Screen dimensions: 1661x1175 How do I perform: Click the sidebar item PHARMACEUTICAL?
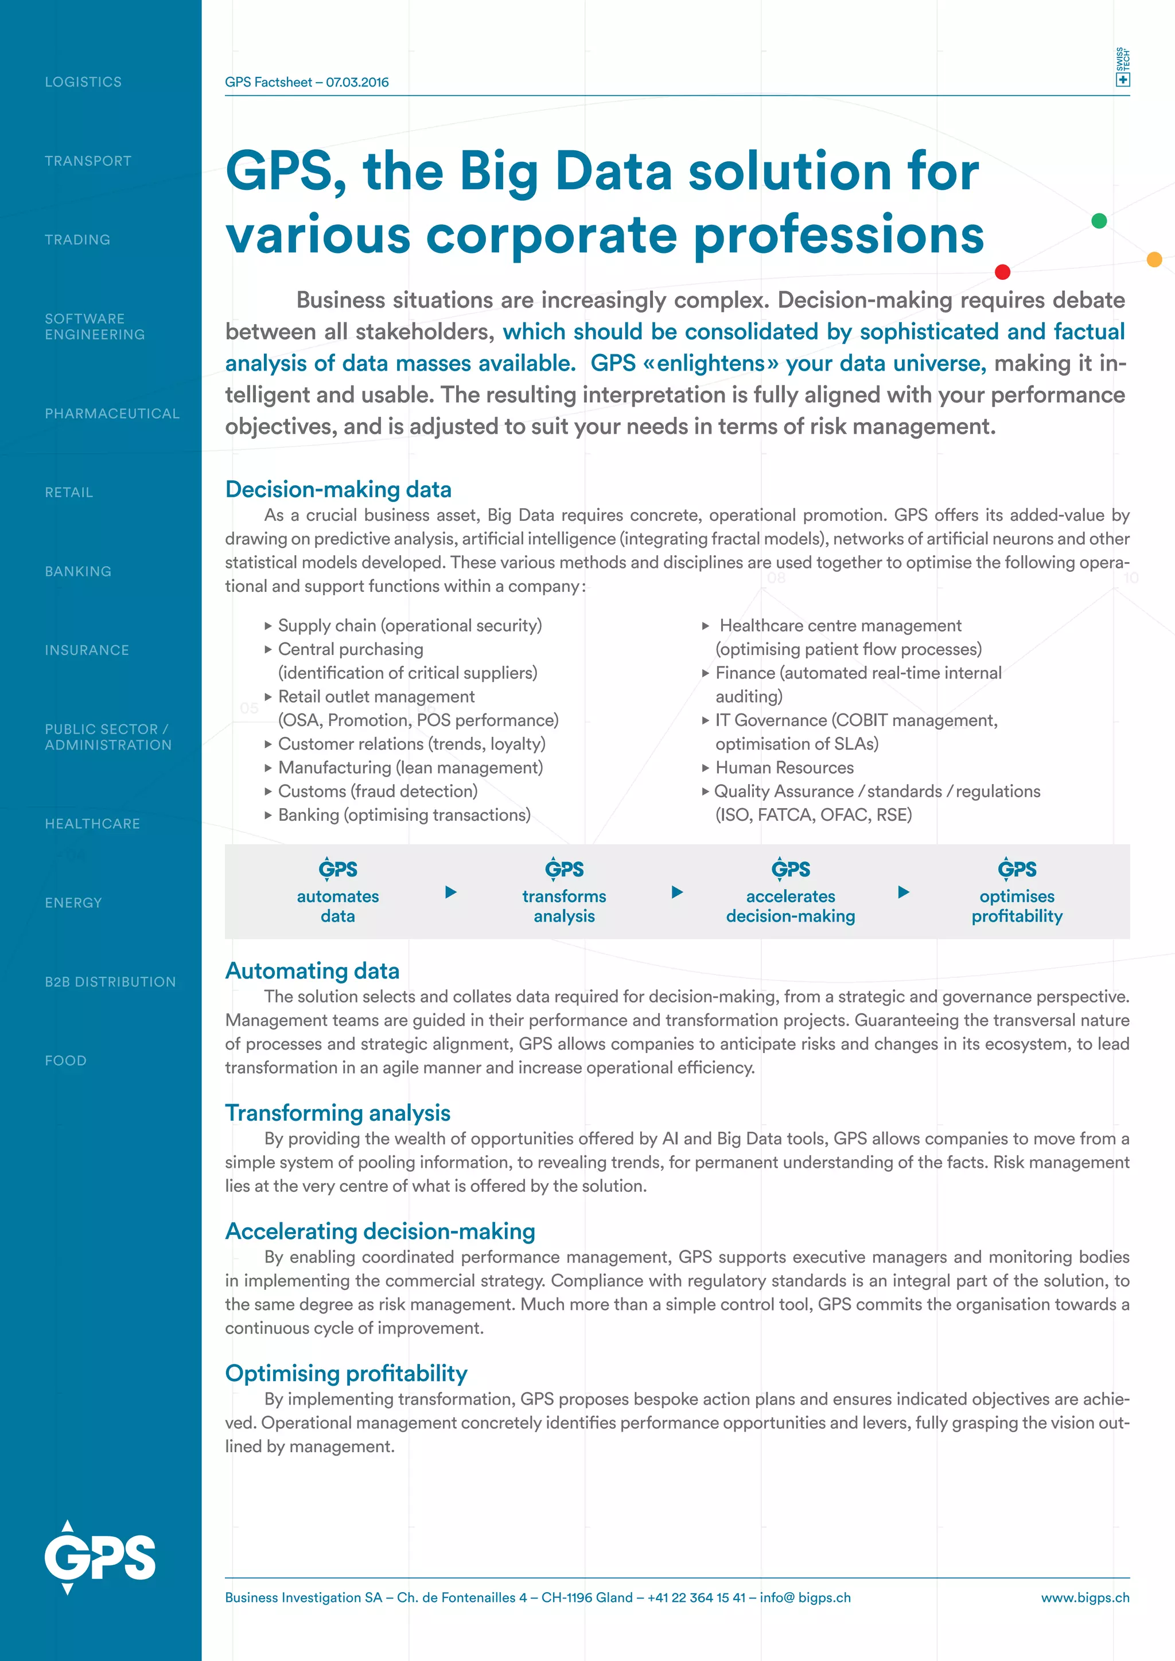tap(111, 413)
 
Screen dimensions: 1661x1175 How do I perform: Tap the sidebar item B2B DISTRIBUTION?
tap(110, 982)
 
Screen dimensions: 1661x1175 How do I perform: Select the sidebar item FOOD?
tap(66, 1060)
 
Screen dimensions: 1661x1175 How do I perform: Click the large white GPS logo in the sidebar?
tap(99, 1557)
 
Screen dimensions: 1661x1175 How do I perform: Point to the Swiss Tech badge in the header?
tap(1122, 67)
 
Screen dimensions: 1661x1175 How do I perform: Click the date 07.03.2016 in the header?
tap(357, 83)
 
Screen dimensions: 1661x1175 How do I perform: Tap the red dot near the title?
tap(1002, 272)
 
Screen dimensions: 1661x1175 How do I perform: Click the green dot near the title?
tap(1098, 221)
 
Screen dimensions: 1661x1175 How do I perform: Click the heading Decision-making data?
tap(338, 490)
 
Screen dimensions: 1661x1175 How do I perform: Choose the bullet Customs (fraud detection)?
tap(378, 791)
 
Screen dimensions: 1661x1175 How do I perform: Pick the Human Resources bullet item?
tap(784, 767)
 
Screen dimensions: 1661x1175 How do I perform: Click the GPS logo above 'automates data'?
tap(338, 869)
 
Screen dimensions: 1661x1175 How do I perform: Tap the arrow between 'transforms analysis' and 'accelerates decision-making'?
tap(677, 892)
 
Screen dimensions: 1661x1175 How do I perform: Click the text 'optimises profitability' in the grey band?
tap(1017, 906)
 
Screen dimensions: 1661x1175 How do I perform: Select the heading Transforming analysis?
tap(337, 1113)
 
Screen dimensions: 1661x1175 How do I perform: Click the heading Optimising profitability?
tap(346, 1374)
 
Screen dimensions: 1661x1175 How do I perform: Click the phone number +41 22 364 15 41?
tap(696, 1598)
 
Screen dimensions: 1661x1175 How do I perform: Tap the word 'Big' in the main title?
tap(499, 172)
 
